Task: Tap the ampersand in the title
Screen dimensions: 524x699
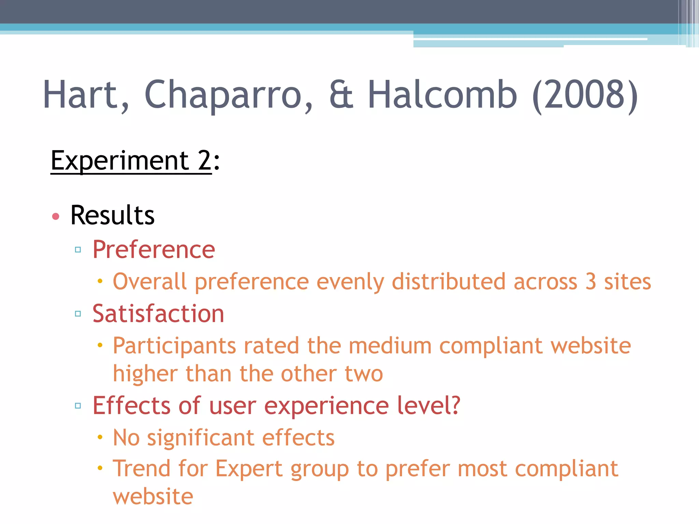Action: point(341,95)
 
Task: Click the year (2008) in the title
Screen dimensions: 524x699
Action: point(585,94)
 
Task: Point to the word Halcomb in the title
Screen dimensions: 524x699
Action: point(442,94)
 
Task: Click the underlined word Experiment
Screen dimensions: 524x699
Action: point(120,161)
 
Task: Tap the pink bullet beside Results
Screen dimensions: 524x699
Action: point(56,216)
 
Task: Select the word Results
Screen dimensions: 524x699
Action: point(112,215)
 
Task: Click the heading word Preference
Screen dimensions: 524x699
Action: point(154,249)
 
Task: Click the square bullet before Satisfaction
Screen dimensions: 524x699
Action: point(78,314)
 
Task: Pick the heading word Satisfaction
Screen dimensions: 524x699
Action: point(158,314)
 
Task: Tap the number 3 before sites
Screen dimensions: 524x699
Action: point(591,282)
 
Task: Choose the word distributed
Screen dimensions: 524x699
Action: point(448,282)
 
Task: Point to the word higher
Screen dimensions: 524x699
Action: point(145,374)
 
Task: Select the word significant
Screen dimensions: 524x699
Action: point(201,438)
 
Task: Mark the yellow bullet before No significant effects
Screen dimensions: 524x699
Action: point(100,437)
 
